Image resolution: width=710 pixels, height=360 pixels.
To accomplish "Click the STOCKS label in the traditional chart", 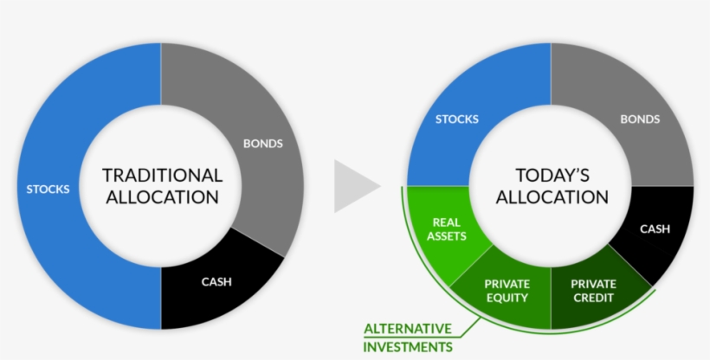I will click(x=48, y=189).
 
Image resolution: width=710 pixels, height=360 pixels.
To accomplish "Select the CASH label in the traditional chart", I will click(x=216, y=281).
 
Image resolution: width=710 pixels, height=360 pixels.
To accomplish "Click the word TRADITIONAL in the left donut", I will click(x=162, y=175).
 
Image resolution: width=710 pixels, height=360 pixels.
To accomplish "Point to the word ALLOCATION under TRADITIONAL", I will click(x=162, y=197).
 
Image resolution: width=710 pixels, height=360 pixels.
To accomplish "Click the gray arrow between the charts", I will click(x=355, y=186).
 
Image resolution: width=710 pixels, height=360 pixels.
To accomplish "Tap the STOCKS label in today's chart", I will click(x=456, y=119).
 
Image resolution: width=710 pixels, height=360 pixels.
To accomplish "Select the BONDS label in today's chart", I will click(x=640, y=119).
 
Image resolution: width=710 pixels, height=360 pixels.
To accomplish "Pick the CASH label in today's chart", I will click(x=655, y=229).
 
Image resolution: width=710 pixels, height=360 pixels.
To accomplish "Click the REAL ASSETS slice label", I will click(x=447, y=228).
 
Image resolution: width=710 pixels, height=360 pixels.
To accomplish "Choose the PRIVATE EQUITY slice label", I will click(x=507, y=291).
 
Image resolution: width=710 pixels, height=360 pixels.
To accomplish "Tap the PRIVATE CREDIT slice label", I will click(x=594, y=291).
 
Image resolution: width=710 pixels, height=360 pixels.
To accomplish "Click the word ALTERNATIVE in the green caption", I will click(x=408, y=329).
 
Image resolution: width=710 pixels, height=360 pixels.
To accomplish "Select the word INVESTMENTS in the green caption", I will click(x=408, y=347).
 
